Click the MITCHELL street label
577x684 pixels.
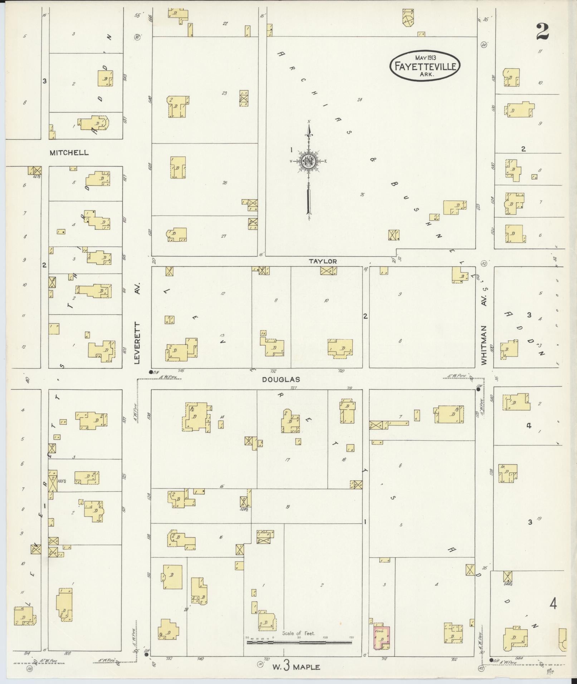tap(69, 153)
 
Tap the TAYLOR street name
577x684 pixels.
tap(323, 261)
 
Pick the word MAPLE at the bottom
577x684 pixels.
tap(305, 667)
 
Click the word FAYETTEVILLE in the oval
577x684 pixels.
tap(425, 66)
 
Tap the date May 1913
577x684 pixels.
tap(427, 57)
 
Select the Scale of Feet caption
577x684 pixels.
tap(298, 633)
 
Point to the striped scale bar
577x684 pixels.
tap(299, 643)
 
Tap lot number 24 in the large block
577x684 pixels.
tap(360, 100)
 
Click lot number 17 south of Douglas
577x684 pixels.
tap(287, 460)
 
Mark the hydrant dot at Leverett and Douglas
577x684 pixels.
tap(151, 372)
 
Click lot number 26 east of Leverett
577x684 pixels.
tap(225, 183)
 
